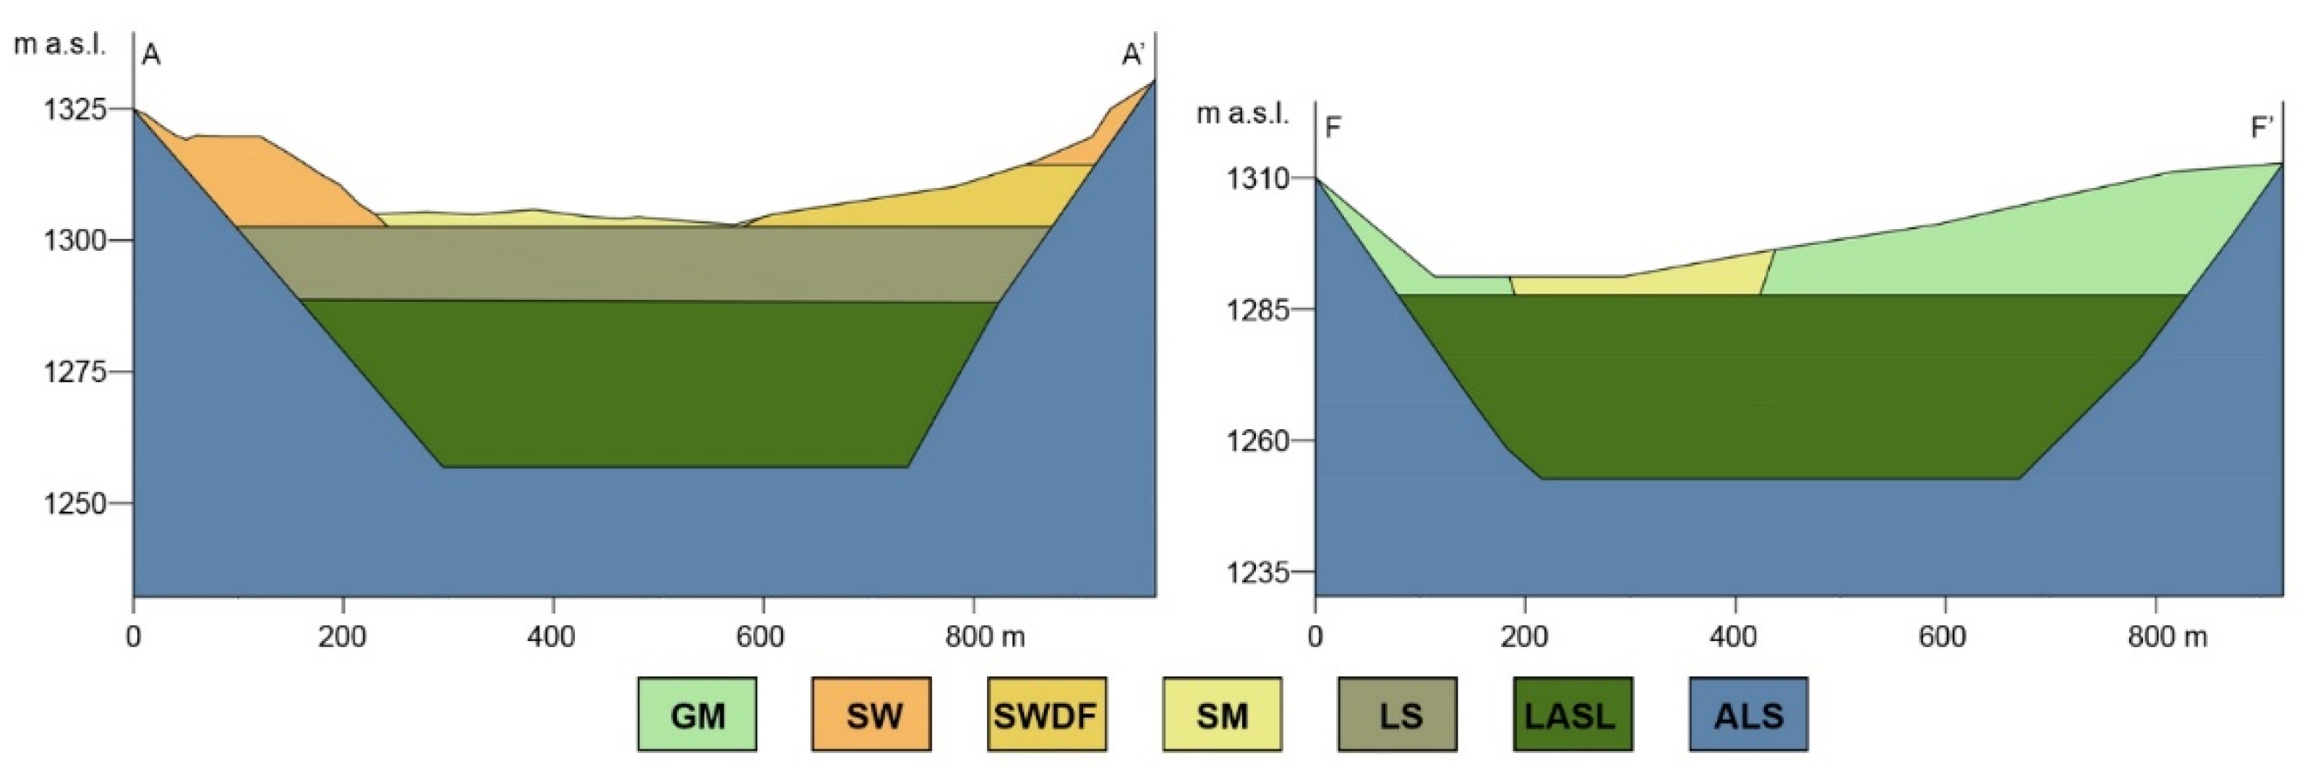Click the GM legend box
click(x=698, y=715)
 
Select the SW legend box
click(x=872, y=715)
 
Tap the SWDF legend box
click(x=1046, y=715)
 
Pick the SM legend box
click(x=1222, y=715)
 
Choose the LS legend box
click(x=1398, y=715)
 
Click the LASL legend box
click(x=1572, y=715)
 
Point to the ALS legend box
click(x=1748, y=715)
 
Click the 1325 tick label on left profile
click(x=74, y=110)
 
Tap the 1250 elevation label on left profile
click(x=74, y=504)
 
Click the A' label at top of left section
click(x=1132, y=56)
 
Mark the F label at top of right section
click(x=1333, y=127)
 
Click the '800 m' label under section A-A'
click(x=985, y=637)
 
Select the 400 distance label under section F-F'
click(x=1733, y=637)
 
